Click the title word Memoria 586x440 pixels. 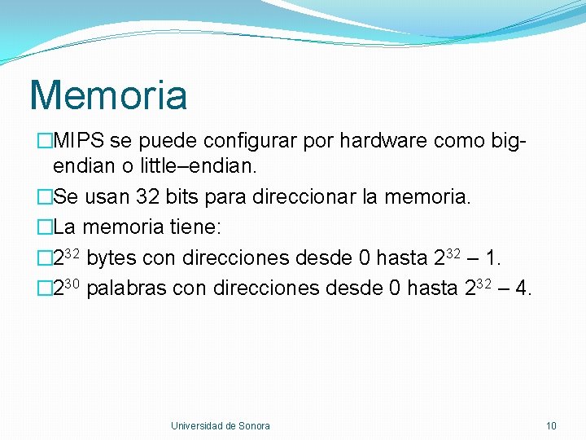108,95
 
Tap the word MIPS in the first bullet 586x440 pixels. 79,141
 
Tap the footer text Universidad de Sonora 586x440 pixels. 220,425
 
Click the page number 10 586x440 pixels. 551,425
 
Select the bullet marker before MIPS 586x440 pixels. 45,141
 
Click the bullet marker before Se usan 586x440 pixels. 45,197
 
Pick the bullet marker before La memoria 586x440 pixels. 45,227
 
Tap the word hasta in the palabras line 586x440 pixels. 431,288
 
